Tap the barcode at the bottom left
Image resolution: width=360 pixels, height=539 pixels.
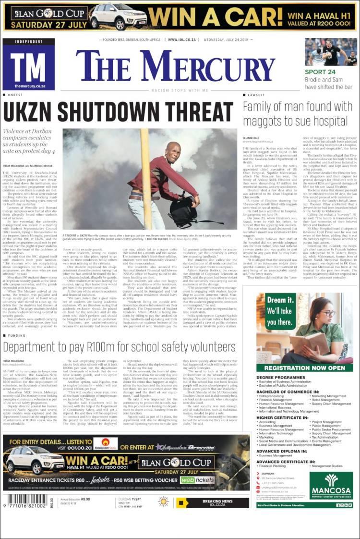(24, 502)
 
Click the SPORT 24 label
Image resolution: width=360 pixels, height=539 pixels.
(320, 72)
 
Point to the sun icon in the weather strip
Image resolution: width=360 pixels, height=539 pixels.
(163, 502)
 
